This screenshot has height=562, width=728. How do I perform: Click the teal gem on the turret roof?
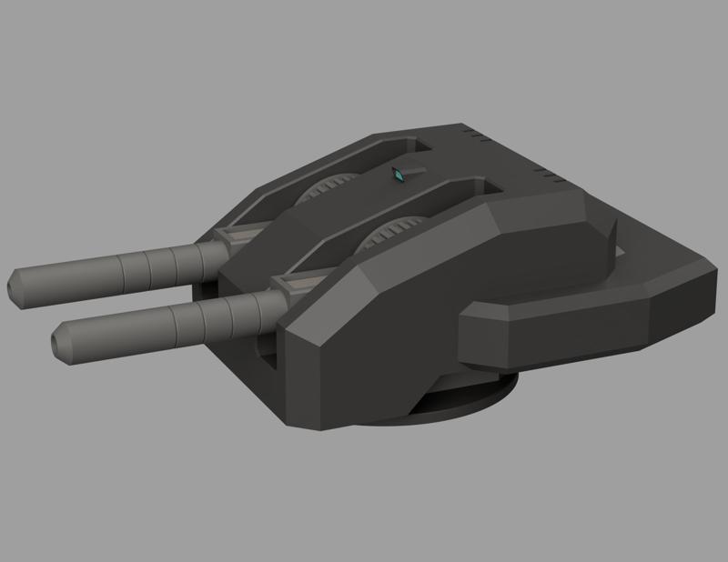click(399, 175)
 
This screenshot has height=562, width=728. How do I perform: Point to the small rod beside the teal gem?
click(414, 168)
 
